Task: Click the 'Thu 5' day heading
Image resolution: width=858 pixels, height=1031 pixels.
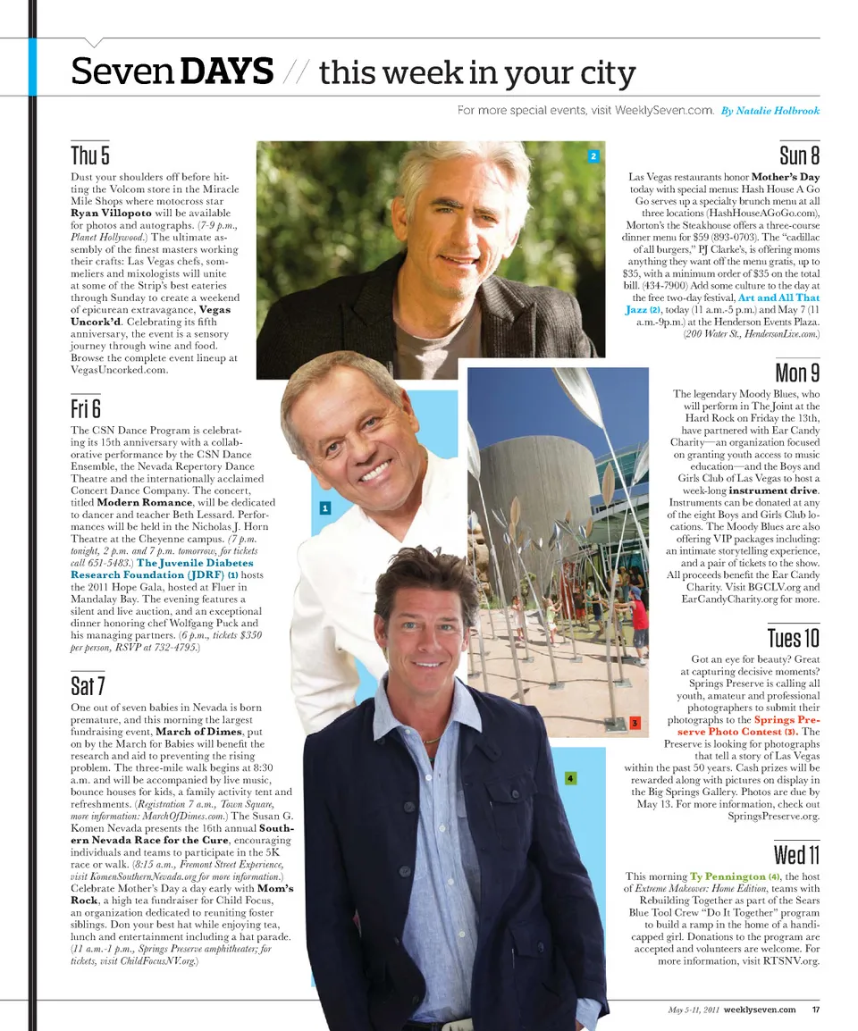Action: point(90,155)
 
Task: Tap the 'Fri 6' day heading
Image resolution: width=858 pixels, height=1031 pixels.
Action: point(85,409)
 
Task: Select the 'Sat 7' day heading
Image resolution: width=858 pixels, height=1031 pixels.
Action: point(88,685)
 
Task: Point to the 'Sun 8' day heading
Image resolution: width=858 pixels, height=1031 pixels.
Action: point(799,155)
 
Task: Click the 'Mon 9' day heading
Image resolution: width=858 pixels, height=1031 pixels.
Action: point(797,372)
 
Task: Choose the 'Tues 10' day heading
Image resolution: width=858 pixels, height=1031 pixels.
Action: point(793,638)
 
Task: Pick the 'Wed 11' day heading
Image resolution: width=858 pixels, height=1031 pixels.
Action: point(796,854)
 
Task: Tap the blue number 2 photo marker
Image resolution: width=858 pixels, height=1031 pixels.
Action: point(593,156)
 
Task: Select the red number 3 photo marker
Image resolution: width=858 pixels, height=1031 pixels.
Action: point(634,722)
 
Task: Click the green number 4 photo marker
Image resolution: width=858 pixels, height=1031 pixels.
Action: point(569,778)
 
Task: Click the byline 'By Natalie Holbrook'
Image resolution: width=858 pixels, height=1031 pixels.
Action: point(770,111)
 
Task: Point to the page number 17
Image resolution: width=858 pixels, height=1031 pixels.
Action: point(816,1010)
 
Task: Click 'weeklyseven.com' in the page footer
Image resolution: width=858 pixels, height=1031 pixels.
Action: point(759,1010)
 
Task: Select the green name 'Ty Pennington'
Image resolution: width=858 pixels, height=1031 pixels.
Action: point(728,876)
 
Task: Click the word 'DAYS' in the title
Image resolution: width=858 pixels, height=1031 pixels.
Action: point(226,71)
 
